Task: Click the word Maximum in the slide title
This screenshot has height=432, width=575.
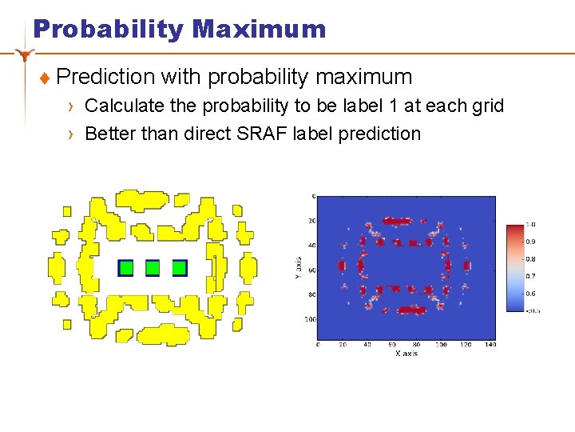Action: [259, 30]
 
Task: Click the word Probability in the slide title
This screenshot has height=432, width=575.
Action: [109, 30]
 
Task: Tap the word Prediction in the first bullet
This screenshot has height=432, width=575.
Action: [105, 77]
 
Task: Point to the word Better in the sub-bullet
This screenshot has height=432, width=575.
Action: [110, 133]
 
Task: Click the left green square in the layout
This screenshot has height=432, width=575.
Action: [125, 268]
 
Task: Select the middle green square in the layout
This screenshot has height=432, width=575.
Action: [153, 268]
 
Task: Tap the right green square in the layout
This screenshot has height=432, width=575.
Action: [180, 268]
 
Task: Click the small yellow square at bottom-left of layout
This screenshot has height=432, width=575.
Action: [66, 322]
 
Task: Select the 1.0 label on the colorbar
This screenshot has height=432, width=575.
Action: [530, 225]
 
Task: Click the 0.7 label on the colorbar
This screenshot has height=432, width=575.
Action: [530, 276]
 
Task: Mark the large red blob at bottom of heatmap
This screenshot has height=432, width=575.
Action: [412, 310]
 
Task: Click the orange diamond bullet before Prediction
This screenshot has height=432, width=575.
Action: [45, 78]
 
